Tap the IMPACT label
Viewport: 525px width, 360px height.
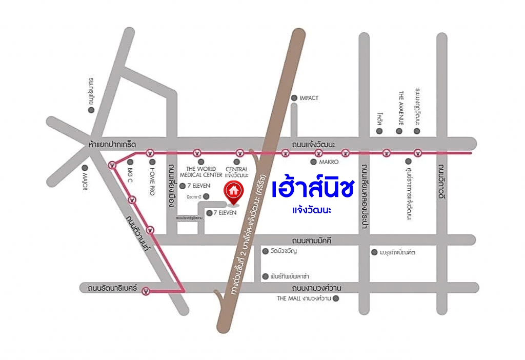pos(309,98)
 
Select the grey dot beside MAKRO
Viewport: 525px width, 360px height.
pos(314,162)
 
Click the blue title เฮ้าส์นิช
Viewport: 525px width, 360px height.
pos(313,189)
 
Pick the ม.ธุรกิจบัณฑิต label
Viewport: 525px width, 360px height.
pos(397,252)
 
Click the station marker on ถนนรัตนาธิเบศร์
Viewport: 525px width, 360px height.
pos(146,291)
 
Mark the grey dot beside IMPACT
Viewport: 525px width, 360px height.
pos(294,98)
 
